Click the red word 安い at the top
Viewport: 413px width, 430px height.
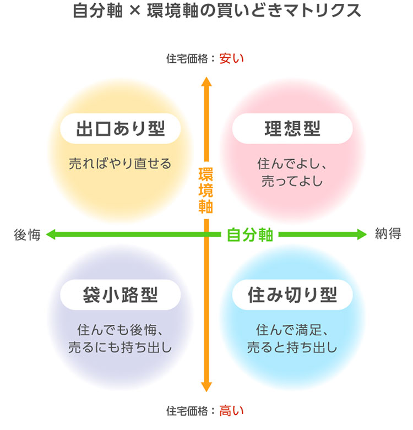pos(231,59)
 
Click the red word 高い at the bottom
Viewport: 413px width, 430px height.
pos(231,411)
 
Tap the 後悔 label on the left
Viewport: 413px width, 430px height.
pos(27,235)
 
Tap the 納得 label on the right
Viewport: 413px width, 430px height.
pos(388,234)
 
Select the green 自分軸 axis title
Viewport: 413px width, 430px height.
pos(250,235)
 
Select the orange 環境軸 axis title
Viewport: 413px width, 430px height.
pos(206,190)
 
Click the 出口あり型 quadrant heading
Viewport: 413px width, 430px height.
pos(121,129)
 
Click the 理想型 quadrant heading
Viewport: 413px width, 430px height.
pos(292,129)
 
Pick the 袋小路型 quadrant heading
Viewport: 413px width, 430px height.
pos(121,295)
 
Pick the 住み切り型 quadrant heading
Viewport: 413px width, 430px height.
pos(292,295)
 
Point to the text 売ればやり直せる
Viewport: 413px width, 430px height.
pos(120,164)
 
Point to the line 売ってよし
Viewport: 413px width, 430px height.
pos(292,181)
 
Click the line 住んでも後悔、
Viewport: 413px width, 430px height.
pos(121,330)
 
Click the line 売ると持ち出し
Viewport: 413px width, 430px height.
pos(292,347)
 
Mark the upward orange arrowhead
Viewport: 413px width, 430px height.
pos(206,81)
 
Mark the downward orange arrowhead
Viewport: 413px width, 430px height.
pos(206,387)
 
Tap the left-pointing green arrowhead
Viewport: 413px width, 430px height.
pos(51,235)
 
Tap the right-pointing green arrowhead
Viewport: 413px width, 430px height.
pos(361,235)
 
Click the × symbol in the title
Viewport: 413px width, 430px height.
pos(135,11)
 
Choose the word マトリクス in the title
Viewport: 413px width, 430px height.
pos(322,11)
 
